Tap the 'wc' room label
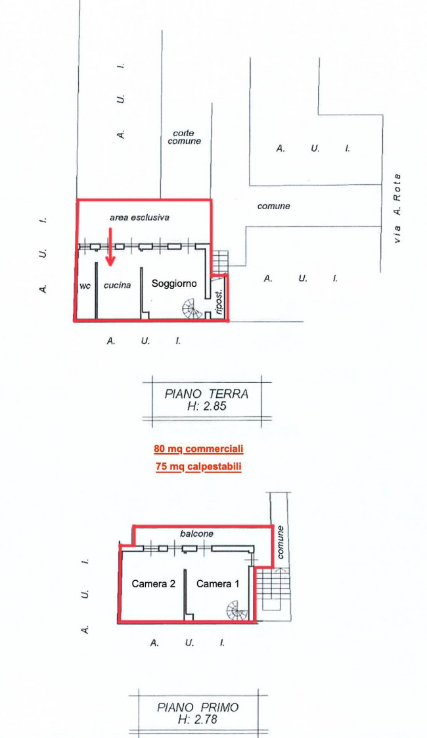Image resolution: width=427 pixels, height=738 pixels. point(84,286)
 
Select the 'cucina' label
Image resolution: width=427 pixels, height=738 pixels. point(118,285)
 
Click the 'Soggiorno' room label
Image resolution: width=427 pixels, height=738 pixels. point(174,283)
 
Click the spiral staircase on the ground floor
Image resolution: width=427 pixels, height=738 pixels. point(194,307)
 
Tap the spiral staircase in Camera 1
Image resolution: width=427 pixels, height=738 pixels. point(238,612)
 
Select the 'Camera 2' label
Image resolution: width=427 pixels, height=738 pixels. point(153,583)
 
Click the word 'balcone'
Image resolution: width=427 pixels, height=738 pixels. point(196,534)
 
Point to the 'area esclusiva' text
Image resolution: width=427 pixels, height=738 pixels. point(139,217)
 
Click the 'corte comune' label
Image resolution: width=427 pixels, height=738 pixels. point(184,137)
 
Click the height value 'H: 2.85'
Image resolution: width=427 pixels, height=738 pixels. point(206,406)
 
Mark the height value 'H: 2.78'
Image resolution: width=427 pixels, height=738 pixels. point(198,720)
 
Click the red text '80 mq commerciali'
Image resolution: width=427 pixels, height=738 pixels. point(198,449)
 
